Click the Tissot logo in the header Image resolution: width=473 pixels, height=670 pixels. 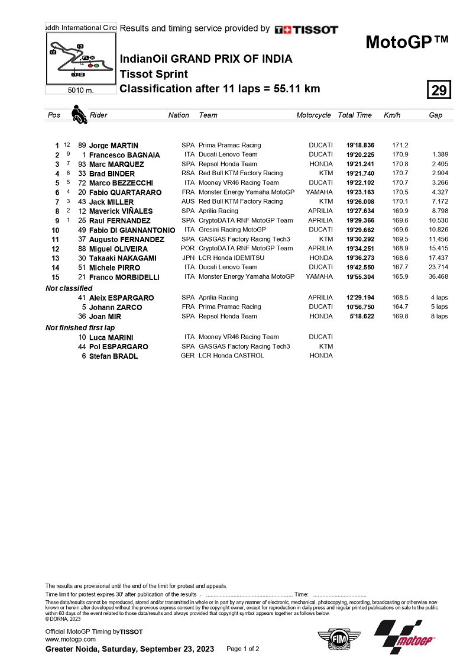306,30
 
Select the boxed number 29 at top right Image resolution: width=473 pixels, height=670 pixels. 439,91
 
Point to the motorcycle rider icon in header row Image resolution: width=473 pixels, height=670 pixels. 78,114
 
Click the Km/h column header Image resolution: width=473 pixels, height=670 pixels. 392,115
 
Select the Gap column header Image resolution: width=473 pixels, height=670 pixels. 435,115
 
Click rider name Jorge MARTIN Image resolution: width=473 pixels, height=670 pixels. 114,146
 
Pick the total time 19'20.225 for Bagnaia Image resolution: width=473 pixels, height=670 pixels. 355,155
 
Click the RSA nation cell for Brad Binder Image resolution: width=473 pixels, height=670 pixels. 188,173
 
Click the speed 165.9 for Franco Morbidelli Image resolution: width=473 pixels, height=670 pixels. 400,277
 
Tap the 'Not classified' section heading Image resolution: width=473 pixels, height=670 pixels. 69,288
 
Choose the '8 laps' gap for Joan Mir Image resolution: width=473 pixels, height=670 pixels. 439,317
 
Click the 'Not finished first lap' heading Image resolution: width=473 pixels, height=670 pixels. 80,328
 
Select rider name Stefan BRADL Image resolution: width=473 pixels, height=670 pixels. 114,356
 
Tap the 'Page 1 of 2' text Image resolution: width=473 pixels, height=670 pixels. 242,649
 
